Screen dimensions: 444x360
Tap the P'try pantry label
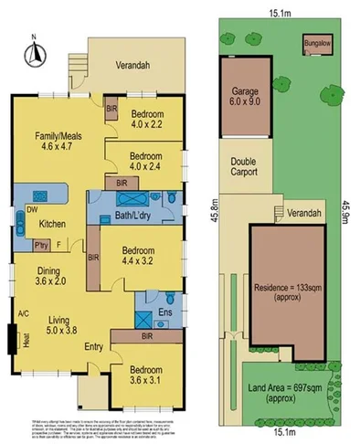tap(40, 245)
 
